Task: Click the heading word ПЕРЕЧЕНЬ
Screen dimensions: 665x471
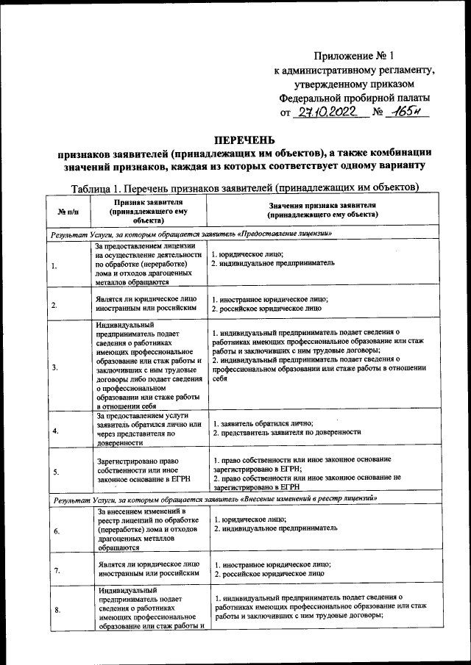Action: pyautogui.click(x=244, y=140)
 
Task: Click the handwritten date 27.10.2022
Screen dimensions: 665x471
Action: pyautogui.click(x=326, y=113)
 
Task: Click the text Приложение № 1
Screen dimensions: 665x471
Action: pyautogui.click(x=355, y=56)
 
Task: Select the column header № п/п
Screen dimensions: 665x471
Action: pyautogui.click(x=68, y=212)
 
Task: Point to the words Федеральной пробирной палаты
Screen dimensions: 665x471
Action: pyautogui.click(x=355, y=97)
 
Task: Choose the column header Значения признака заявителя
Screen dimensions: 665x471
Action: pyautogui.click(x=323, y=210)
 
